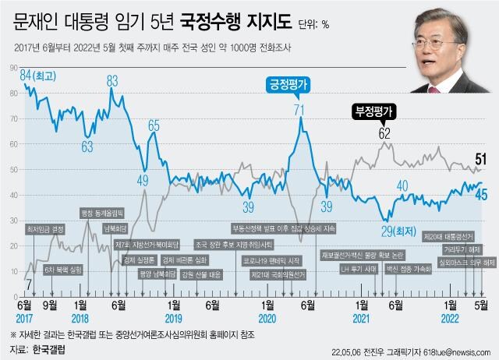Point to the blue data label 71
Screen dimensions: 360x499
(x=299, y=110)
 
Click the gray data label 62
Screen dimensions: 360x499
(x=384, y=132)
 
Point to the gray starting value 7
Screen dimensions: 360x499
(x=28, y=284)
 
